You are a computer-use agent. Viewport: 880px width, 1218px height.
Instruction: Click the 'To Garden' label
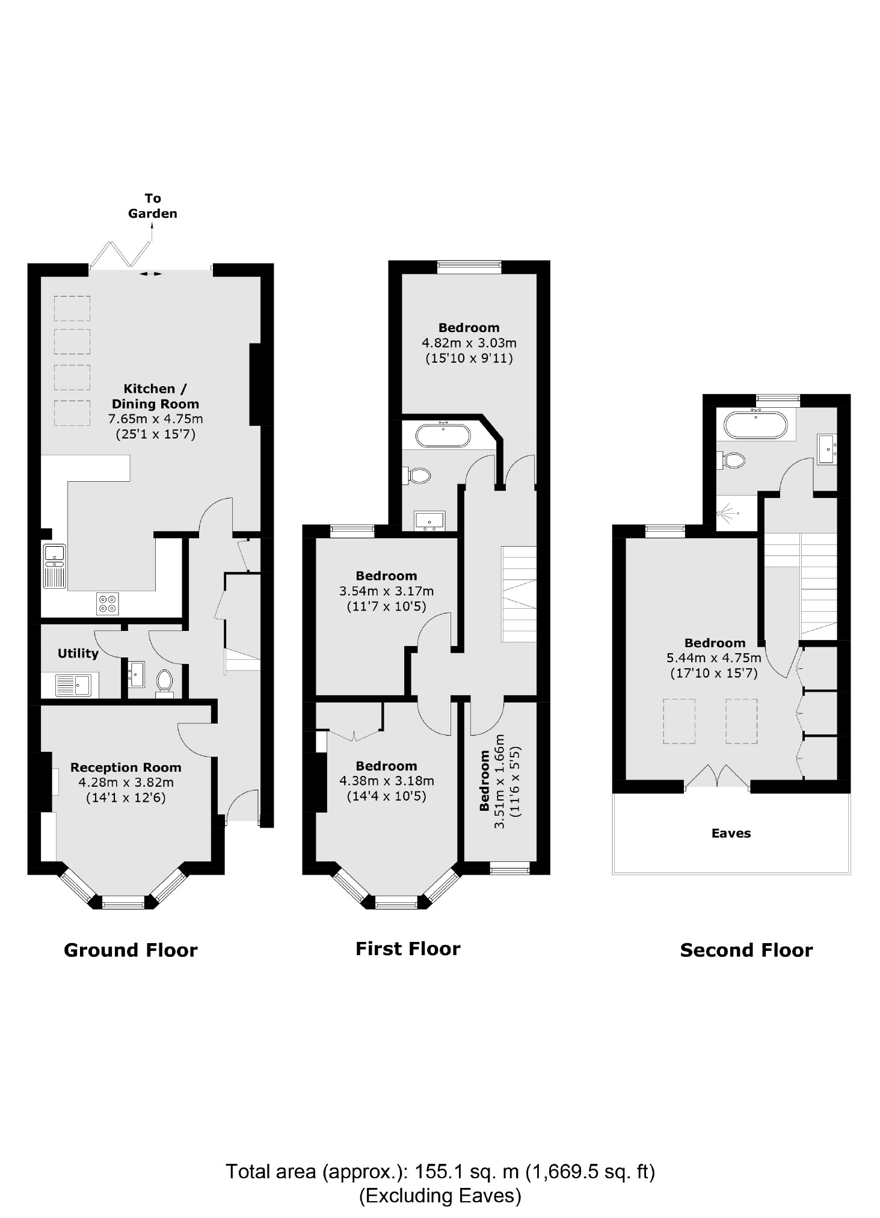pyautogui.click(x=152, y=206)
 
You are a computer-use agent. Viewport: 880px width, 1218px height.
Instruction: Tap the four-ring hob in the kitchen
pyautogui.click(x=108, y=604)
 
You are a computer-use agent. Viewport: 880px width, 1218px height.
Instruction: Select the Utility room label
pyautogui.click(x=78, y=653)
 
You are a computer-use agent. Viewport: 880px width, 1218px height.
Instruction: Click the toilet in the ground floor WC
pyautogui.click(x=164, y=683)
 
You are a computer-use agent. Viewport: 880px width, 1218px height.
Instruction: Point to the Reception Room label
pyautogui.click(x=126, y=767)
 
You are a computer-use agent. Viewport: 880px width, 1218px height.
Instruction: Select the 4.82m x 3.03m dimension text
pyautogui.click(x=469, y=343)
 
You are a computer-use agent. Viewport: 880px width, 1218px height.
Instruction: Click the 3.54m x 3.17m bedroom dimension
pyautogui.click(x=386, y=591)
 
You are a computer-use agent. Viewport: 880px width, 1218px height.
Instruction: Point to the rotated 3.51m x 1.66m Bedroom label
pyautogui.click(x=499, y=780)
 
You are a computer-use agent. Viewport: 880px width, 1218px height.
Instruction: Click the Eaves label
pyautogui.click(x=731, y=833)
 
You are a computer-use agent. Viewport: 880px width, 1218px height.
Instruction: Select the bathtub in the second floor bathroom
pyautogui.click(x=754, y=425)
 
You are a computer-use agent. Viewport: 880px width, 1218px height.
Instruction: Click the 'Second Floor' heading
pyautogui.click(x=746, y=950)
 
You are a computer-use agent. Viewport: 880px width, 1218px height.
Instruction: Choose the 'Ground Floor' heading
pyautogui.click(x=131, y=950)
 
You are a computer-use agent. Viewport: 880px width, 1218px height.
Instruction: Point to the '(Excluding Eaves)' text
pyautogui.click(x=440, y=1196)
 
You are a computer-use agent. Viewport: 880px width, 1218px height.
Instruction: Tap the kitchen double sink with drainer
pyautogui.click(x=54, y=565)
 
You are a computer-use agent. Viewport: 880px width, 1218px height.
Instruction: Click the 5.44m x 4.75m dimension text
pyautogui.click(x=714, y=658)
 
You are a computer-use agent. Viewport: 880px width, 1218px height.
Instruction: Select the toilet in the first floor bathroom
pyautogui.click(x=420, y=476)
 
